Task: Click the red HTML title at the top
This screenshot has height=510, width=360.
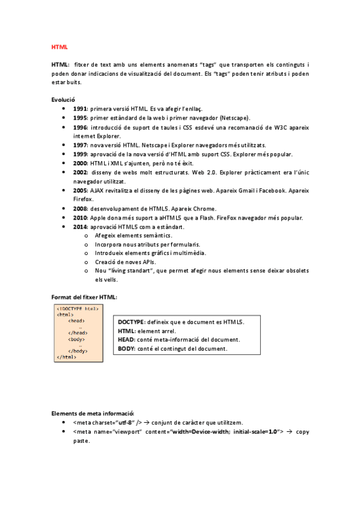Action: click(x=59, y=46)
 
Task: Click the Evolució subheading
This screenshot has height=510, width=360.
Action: click(x=63, y=99)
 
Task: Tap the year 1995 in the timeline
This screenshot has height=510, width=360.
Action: click(x=81, y=118)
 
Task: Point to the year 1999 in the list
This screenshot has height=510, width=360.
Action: click(x=81, y=155)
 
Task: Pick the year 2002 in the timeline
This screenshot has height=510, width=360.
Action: click(x=81, y=173)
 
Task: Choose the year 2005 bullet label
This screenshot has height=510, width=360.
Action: click(x=81, y=191)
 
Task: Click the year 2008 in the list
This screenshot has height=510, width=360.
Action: click(x=81, y=209)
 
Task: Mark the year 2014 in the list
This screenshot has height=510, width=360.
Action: click(x=81, y=227)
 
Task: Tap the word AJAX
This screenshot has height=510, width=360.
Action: click(x=97, y=191)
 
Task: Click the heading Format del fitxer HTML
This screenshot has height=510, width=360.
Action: click(x=84, y=297)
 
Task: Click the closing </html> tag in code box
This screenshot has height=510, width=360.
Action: click(x=66, y=357)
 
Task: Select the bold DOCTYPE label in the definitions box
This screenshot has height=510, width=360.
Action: click(x=132, y=322)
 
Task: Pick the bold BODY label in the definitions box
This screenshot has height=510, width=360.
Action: click(x=127, y=348)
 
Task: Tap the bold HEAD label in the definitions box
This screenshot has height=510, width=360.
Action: click(x=127, y=340)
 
